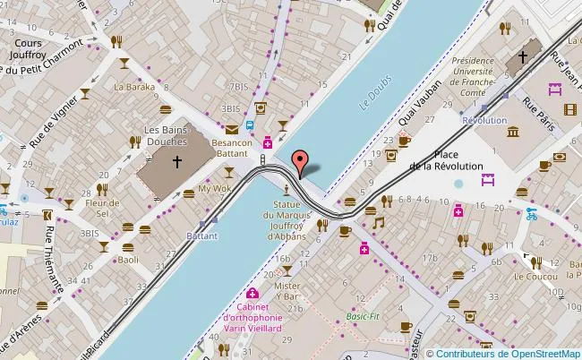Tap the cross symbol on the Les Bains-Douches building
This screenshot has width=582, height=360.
177,162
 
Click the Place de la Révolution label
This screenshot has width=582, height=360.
446,160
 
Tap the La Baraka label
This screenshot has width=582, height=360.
129,88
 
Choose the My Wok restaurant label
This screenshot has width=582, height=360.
214,189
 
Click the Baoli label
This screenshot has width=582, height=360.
129,260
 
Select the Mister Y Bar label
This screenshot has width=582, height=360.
288,291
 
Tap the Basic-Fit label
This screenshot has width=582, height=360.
363,316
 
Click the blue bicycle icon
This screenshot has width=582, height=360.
532,214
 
